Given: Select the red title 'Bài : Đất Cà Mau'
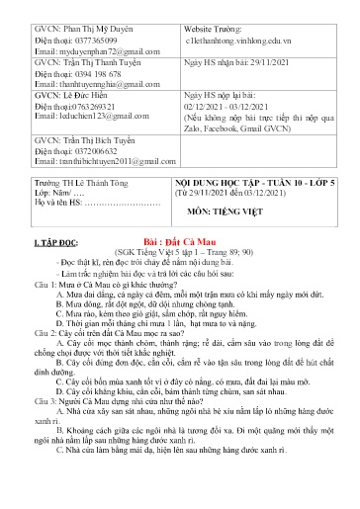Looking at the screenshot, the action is point(178,239).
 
